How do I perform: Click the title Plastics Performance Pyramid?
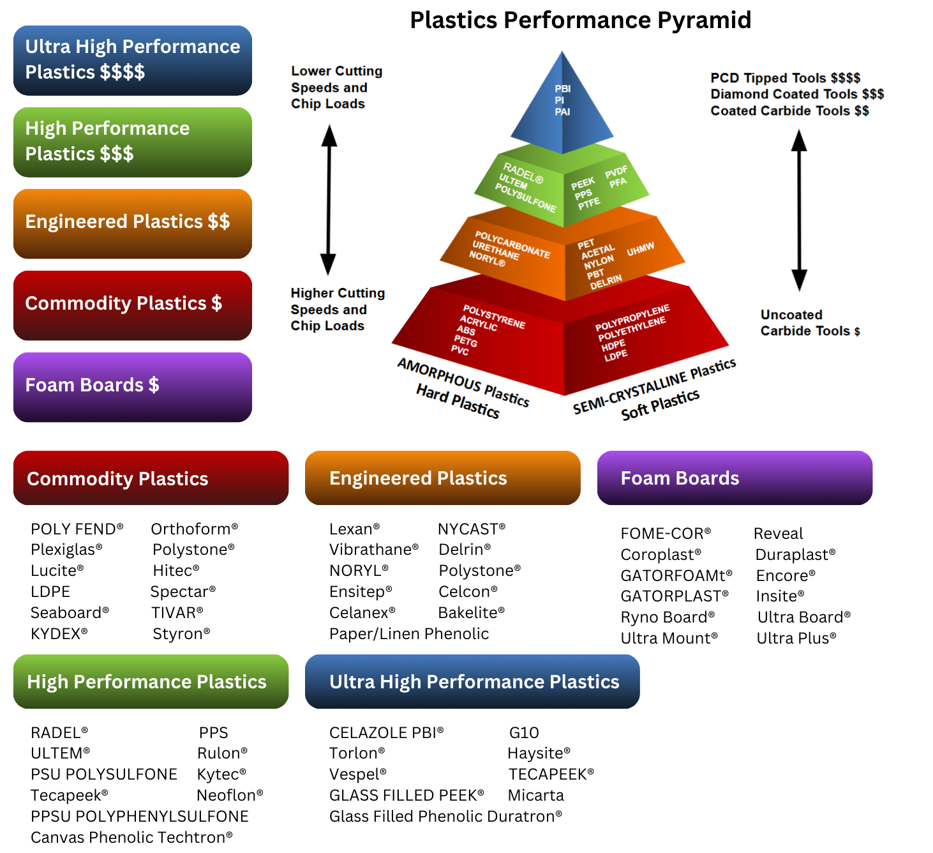pos(580,20)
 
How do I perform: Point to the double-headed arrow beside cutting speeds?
pos(329,200)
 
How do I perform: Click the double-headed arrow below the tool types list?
pos(799,210)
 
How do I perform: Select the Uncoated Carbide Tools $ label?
pos(809,323)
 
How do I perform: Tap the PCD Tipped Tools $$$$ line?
pos(785,78)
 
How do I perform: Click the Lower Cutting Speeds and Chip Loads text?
pos(336,87)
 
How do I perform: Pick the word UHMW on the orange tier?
pos(640,249)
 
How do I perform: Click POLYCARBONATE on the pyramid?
pos(512,244)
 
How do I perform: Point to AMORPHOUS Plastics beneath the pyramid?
pos(463,382)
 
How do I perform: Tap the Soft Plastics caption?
pos(660,405)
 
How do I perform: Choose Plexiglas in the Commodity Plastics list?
pos(66,550)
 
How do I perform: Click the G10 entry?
pos(524,733)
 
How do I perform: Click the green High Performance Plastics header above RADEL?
pos(151,682)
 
